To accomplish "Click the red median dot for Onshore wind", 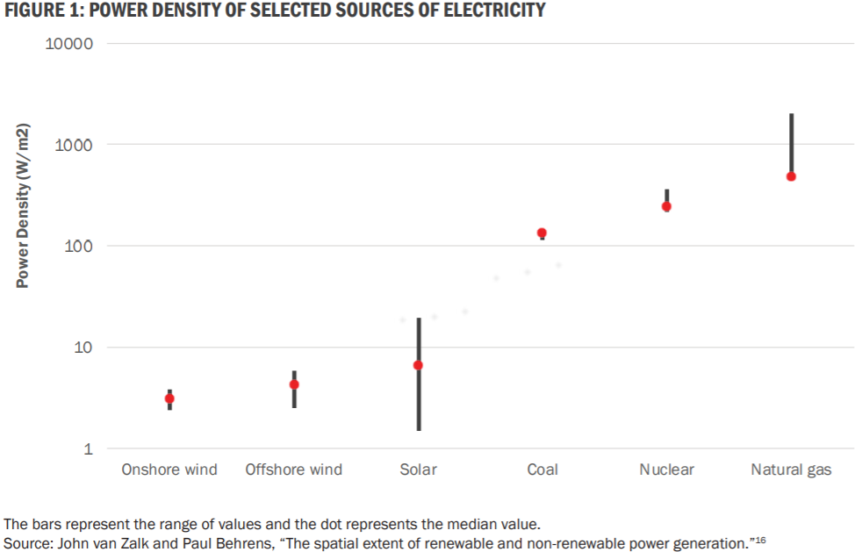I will [169, 398].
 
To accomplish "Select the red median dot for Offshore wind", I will [294, 384].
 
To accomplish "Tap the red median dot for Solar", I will [418, 365].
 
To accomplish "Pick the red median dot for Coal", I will [542, 233].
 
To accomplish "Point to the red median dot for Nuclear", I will [666, 206].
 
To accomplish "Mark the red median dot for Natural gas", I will [791, 176].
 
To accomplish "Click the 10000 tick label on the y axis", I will [69, 44].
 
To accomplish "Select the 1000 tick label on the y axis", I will [74, 145].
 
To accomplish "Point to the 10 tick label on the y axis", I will [83, 348].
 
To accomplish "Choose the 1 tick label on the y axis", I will [88, 449].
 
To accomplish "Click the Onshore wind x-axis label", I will [169, 470].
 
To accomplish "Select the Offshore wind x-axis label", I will [294, 470].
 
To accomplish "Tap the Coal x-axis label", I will [542, 470].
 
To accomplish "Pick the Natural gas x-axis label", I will [791, 470].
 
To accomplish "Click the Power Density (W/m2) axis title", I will [24, 207].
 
